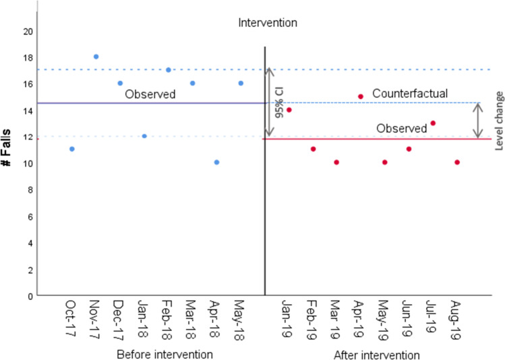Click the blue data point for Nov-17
pyautogui.click(x=96, y=57)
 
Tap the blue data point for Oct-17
pyautogui.click(x=71, y=149)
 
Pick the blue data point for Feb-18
pyautogui.click(x=168, y=70)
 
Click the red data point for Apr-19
pyautogui.click(x=361, y=96)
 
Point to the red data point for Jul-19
pyautogui.click(x=433, y=123)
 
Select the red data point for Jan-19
pyautogui.click(x=289, y=110)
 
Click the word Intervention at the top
pyautogui.click(x=268, y=23)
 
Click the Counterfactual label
pyautogui.click(x=410, y=93)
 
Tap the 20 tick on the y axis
pyautogui.click(x=28, y=31)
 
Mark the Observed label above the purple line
pyautogui.click(x=150, y=95)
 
